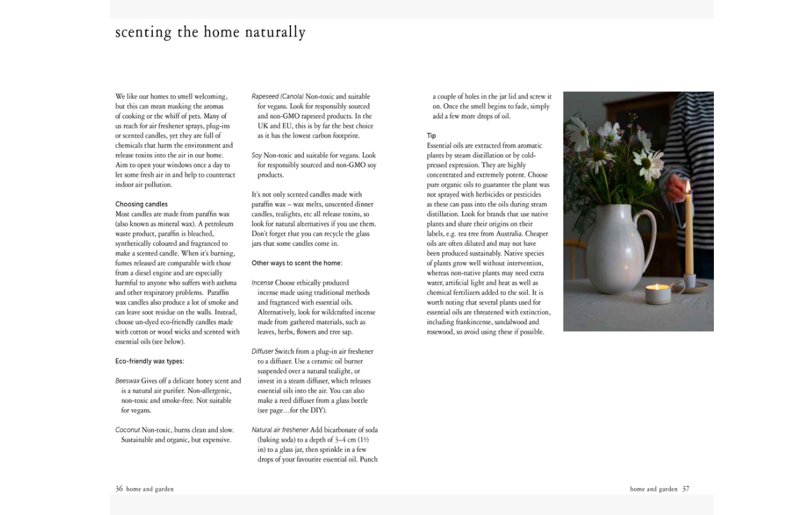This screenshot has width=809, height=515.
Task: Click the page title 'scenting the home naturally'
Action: pyautogui.click(x=210, y=32)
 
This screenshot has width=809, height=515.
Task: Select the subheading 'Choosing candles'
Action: pyautogui.click(x=141, y=204)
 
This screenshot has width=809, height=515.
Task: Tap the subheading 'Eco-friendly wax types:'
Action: pyautogui.click(x=150, y=362)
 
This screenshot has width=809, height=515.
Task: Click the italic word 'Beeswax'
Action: pyautogui.click(x=127, y=381)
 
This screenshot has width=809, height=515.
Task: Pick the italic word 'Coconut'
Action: pyautogui.click(x=127, y=430)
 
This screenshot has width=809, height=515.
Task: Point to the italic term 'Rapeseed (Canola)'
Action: pyautogui.click(x=278, y=96)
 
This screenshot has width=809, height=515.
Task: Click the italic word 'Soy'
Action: pyautogui.click(x=256, y=155)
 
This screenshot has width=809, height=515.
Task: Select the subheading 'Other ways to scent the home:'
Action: pyautogui.click(x=297, y=263)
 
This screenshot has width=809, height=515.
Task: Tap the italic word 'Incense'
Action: pyautogui.click(x=262, y=283)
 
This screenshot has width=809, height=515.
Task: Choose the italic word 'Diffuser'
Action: pyautogui.click(x=262, y=351)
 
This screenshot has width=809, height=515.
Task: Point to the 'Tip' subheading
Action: pyautogui.click(x=431, y=135)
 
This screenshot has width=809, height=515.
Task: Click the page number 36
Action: pyautogui.click(x=119, y=489)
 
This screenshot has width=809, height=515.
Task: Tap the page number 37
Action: pyautogui.click(x=686, y=489)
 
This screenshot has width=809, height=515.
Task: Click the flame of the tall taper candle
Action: pyautogui.click(x=688, y=187)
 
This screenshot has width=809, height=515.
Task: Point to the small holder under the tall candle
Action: pyautogui.click(x=689, y=282)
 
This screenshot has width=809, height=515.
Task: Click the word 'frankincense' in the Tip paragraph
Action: pyautogui.click(x=479, y=322)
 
